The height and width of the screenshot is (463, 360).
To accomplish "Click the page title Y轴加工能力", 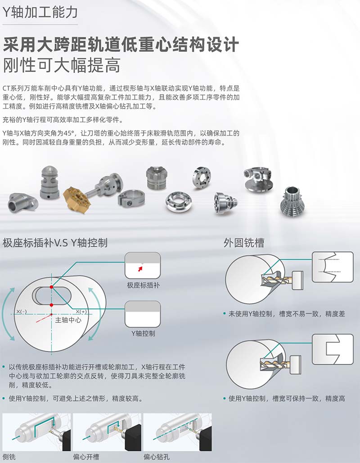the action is coord(40,12).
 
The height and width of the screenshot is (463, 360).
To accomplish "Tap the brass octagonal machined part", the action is coord(76,200).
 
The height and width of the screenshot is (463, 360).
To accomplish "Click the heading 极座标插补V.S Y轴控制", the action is coord(55,243).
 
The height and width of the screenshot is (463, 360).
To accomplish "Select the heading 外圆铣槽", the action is coord(244,243).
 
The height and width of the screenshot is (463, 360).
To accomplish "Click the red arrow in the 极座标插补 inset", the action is coord(140,269).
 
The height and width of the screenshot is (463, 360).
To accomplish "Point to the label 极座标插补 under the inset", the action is coord(143,285).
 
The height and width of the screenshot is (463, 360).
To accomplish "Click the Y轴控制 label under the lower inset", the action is coord(143,333).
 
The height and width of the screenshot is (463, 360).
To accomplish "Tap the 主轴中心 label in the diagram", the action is coord(68,320).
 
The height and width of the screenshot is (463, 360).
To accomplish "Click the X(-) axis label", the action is coord(22,312).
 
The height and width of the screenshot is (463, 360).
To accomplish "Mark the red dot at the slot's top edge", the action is coord(51,287).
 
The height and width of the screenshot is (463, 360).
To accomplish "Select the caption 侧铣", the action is coord(9,457).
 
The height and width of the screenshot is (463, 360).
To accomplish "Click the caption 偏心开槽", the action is coord(86,457).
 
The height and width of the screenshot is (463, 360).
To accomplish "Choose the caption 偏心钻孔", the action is coord(157,457).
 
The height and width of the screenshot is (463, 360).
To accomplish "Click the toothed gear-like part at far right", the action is coord(292,201).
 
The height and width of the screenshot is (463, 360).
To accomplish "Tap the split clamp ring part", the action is coord(131,198).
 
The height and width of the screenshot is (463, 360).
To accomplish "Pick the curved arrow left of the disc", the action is coord(8,314).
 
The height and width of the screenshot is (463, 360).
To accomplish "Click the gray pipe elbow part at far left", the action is coord(22,203).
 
